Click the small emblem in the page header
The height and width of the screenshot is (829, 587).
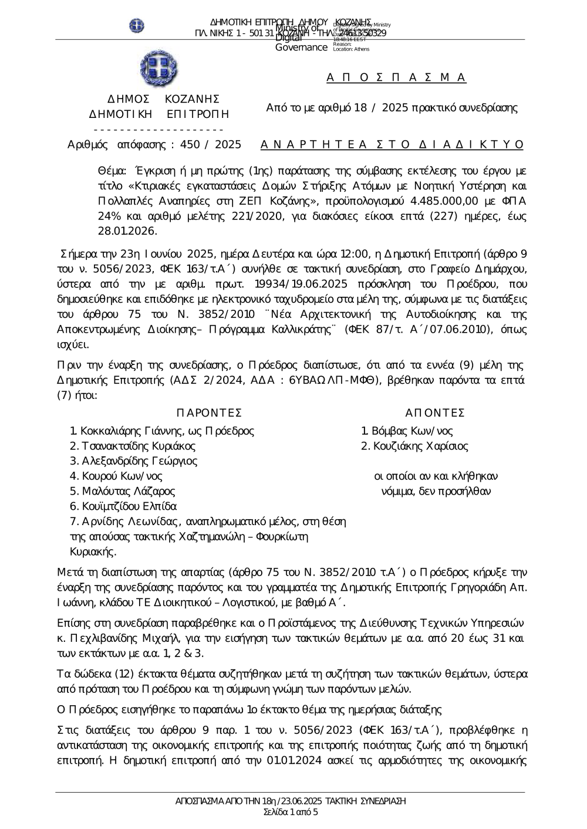137,26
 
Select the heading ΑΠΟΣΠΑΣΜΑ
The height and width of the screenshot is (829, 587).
396,77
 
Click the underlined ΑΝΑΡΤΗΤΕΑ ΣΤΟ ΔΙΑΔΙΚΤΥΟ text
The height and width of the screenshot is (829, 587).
392,144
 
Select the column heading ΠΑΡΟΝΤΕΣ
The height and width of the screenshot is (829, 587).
209,413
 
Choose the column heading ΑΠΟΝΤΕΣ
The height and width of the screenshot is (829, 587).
435,413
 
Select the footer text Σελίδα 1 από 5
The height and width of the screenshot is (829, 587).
291,812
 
